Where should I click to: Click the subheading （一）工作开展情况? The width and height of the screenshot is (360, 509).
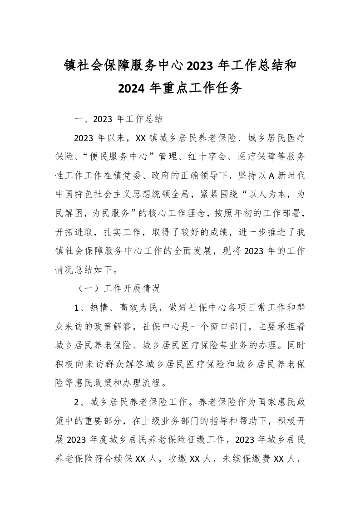[x=118, y=288]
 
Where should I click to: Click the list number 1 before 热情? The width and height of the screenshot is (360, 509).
[x=77, y=307]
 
